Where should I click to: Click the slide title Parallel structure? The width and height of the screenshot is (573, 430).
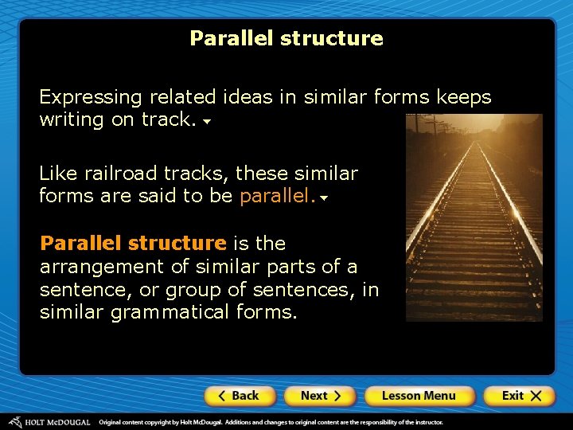(x=286, y=38)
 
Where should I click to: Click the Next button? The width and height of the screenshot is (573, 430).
(x=321, y=396)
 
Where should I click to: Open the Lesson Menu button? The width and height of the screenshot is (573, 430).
(x=419, y=396)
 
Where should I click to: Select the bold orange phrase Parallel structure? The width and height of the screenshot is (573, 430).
(x=133, y=243)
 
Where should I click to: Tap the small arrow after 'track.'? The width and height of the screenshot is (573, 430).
(x=207, y=123)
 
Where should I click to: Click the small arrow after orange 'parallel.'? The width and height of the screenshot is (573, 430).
(x=324, y=198)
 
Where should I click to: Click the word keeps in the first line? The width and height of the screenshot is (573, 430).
(x=463, y=98)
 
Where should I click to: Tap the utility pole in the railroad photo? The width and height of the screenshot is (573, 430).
(x=434, y=126)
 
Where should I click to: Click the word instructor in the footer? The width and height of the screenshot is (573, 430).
(x=422, y=421)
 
